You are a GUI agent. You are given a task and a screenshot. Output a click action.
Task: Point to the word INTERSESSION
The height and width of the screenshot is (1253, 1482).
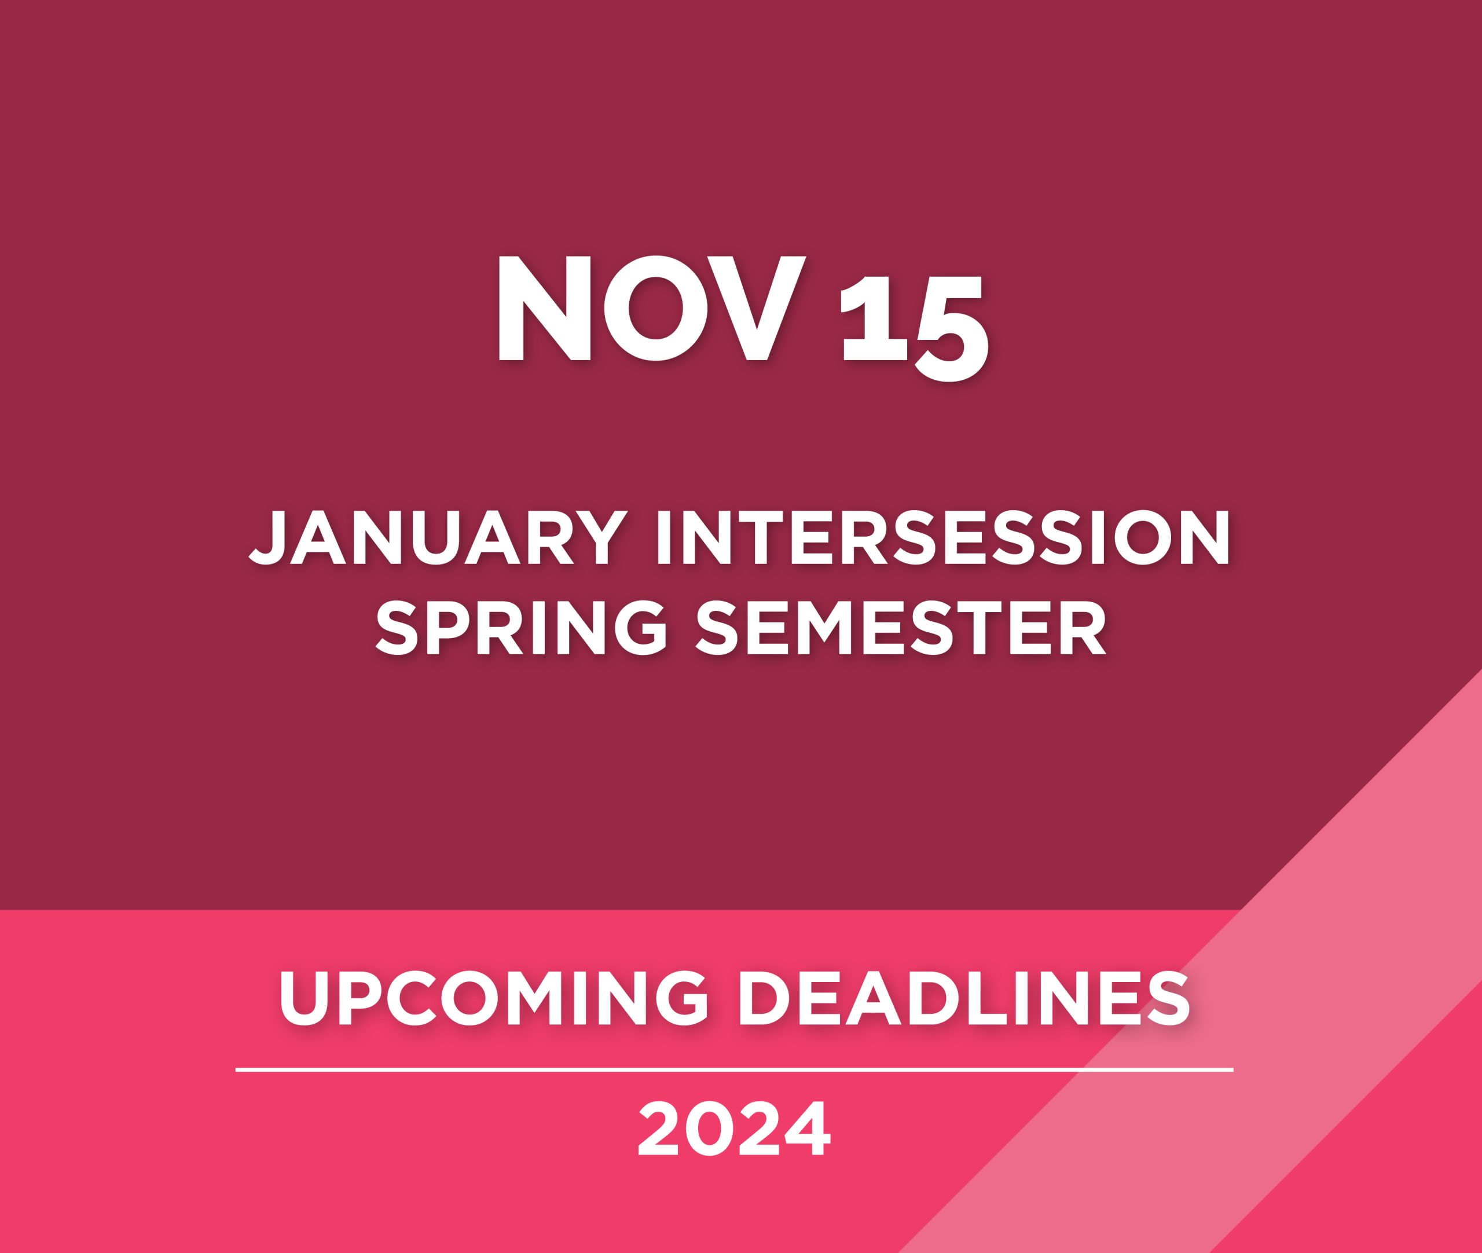[x=944, y=538]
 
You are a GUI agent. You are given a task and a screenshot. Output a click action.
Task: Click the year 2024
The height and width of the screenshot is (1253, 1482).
[x=734, y=1130]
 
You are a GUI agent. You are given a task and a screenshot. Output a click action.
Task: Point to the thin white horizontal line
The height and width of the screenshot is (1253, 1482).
[x=734, y=1069]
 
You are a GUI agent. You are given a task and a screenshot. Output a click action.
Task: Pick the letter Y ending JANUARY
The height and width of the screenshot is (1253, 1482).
[x=600, y=538]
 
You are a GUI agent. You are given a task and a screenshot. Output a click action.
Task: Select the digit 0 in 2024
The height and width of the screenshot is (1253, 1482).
[x=710, y=1130]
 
